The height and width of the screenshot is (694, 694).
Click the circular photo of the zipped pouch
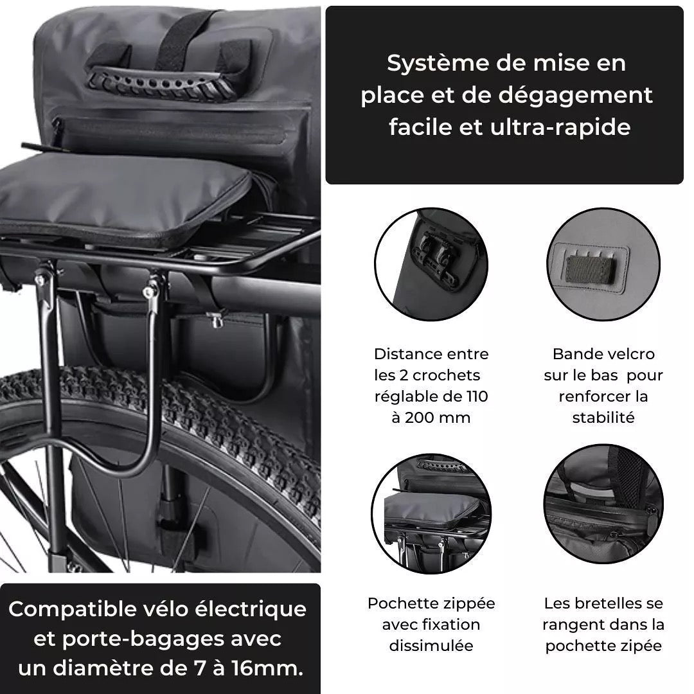coord(431,512)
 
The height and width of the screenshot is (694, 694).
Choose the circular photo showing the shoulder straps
coord(603,512)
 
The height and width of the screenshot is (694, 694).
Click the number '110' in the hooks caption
coord(475,396)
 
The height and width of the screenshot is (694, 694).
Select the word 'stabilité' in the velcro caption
coord(603,418)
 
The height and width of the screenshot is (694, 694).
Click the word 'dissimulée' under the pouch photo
coord(431,646)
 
